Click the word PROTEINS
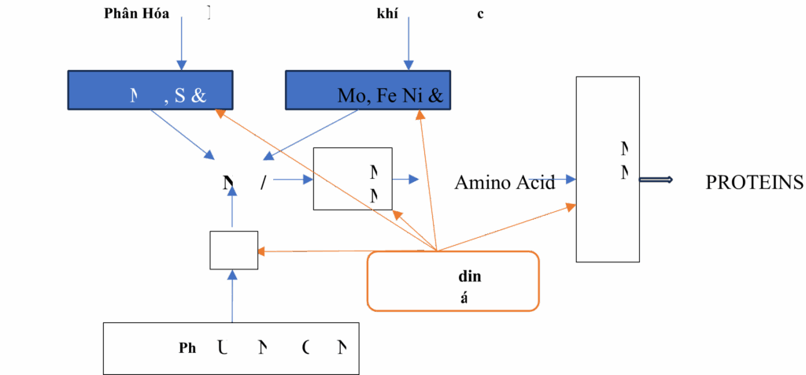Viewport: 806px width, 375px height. pyautogui.click(x=754, y=182)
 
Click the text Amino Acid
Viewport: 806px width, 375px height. pyautogui.click(x=505, y=183)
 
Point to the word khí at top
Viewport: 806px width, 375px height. pyautogui.click(x=386, y=13)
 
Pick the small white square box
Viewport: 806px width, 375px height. pyautogui.click(x=234, y=250)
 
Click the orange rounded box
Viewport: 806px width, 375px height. pyautogui.click(x=453, y=280)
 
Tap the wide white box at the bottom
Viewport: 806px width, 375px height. pyautogui.click(x=231, y=347)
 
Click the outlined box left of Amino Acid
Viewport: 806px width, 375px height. pyautogui.click(x=352, y=179)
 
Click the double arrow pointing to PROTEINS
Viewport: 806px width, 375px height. pyautogui.click(x=656, y=180)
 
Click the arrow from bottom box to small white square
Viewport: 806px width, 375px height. pyautogui.click(x=232, y=295)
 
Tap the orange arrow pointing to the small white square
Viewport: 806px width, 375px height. pyautogui.click(x=315, y=252)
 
